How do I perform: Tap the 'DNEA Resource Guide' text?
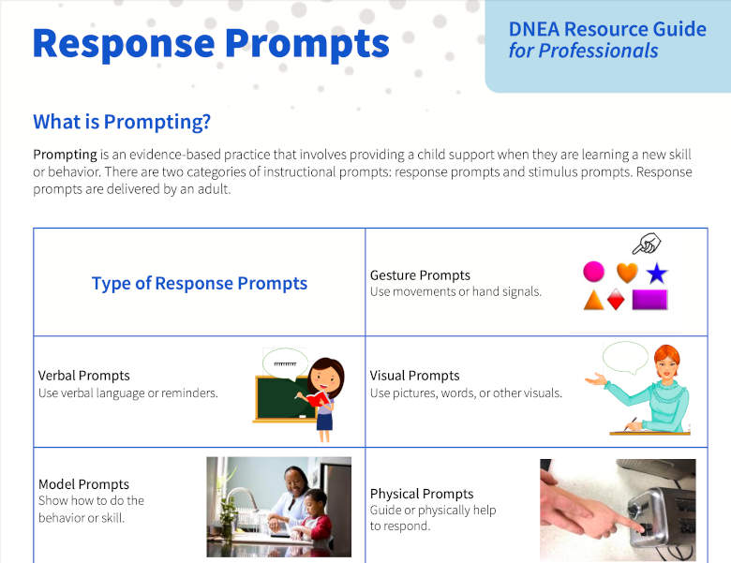(x=607, y=29)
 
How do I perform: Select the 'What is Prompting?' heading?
(x=122, y=122)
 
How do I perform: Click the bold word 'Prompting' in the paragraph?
(x=65, y=155)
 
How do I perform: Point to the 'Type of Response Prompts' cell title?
(x=200, y=283)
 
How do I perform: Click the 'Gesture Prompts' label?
(x=420, y=275)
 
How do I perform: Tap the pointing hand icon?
(x=647, y=244)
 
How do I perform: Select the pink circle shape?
(x=593, y=272)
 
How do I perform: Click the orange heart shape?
(x=627, y=273)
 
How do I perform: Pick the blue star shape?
(x=657, y=274)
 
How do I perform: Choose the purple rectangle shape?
(x=649, y=300)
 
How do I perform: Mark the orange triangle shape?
(x=593, y=301)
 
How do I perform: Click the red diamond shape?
(x=616, y=300)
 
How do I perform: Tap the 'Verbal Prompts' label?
(x=84, y=376)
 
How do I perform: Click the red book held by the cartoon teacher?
(x=317, y=400)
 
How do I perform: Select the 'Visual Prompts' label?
(x=414, y=376)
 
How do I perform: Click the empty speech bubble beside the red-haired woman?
(x=625, y=358)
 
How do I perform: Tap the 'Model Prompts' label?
(x=84, y=484)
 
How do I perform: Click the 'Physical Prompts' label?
(x=422, y=494)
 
